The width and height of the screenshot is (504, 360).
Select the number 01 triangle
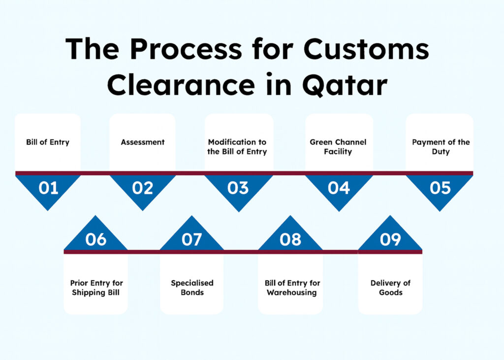coord(48,189)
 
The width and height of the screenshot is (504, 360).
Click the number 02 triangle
coord(142,189)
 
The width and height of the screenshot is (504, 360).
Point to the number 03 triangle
coord(238,189)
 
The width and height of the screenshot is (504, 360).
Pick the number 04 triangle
coord(339,189)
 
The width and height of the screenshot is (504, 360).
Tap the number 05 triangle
coord(440,189)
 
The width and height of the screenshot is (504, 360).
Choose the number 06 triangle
coord(95,239)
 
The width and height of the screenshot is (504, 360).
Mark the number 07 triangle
coord(191,239)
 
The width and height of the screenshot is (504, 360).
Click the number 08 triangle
coord(290,239)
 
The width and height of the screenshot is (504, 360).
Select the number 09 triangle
coord(390,239)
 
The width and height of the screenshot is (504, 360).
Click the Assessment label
coord(143,142)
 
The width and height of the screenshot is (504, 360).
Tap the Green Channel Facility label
coord(338,147)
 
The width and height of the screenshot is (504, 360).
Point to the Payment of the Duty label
coord(441,147)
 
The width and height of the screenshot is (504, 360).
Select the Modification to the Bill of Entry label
coord(237,147)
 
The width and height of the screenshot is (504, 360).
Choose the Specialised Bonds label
coord(192,288)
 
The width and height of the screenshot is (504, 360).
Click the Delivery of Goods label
coord(390,288)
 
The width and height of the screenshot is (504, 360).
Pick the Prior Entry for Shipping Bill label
coord(96,288)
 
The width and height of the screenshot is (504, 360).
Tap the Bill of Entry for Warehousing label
coord(292,288)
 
